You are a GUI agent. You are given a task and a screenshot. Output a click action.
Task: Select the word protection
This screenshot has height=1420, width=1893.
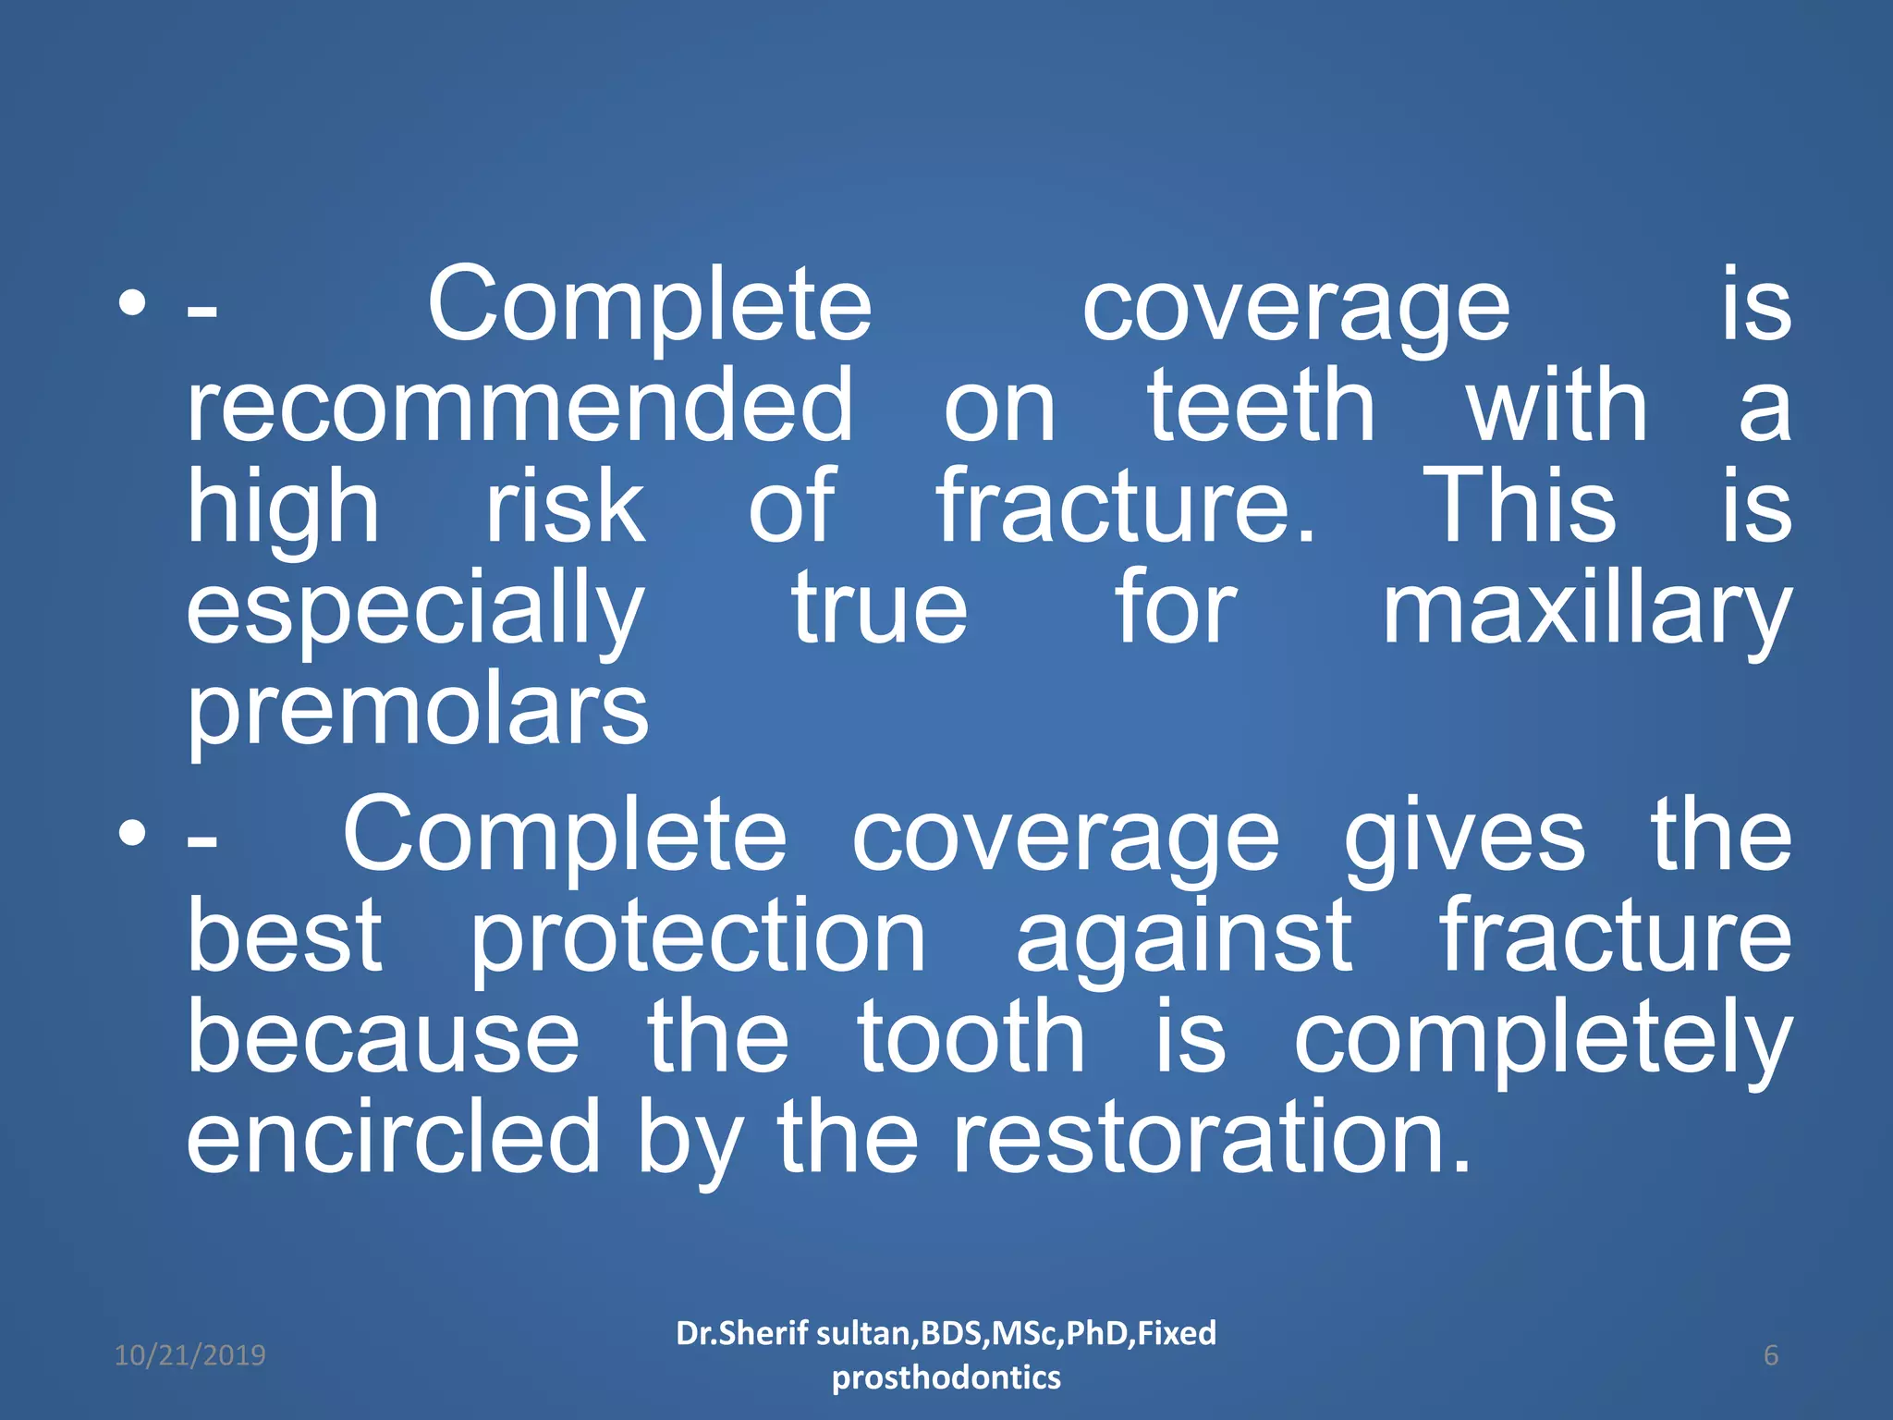coord(698,938)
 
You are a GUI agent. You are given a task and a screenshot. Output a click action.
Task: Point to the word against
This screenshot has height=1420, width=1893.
coord(1184,938)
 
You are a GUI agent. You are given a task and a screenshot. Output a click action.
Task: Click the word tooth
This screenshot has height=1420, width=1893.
coord(971,1037)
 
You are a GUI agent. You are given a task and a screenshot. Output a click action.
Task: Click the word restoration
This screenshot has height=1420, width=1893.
coord(1210,1137)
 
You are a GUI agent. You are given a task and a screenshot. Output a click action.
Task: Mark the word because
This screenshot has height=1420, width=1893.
coord(384,1037)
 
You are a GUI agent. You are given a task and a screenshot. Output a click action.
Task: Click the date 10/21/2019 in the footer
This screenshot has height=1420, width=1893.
coord(189,1355)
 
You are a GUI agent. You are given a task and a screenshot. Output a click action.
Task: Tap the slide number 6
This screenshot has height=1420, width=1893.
coord(1771,1355)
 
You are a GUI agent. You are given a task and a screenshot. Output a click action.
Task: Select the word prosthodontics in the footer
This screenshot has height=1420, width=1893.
coord(946,1377)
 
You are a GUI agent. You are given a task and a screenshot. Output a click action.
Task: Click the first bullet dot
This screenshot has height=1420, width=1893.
coord(132,305)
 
